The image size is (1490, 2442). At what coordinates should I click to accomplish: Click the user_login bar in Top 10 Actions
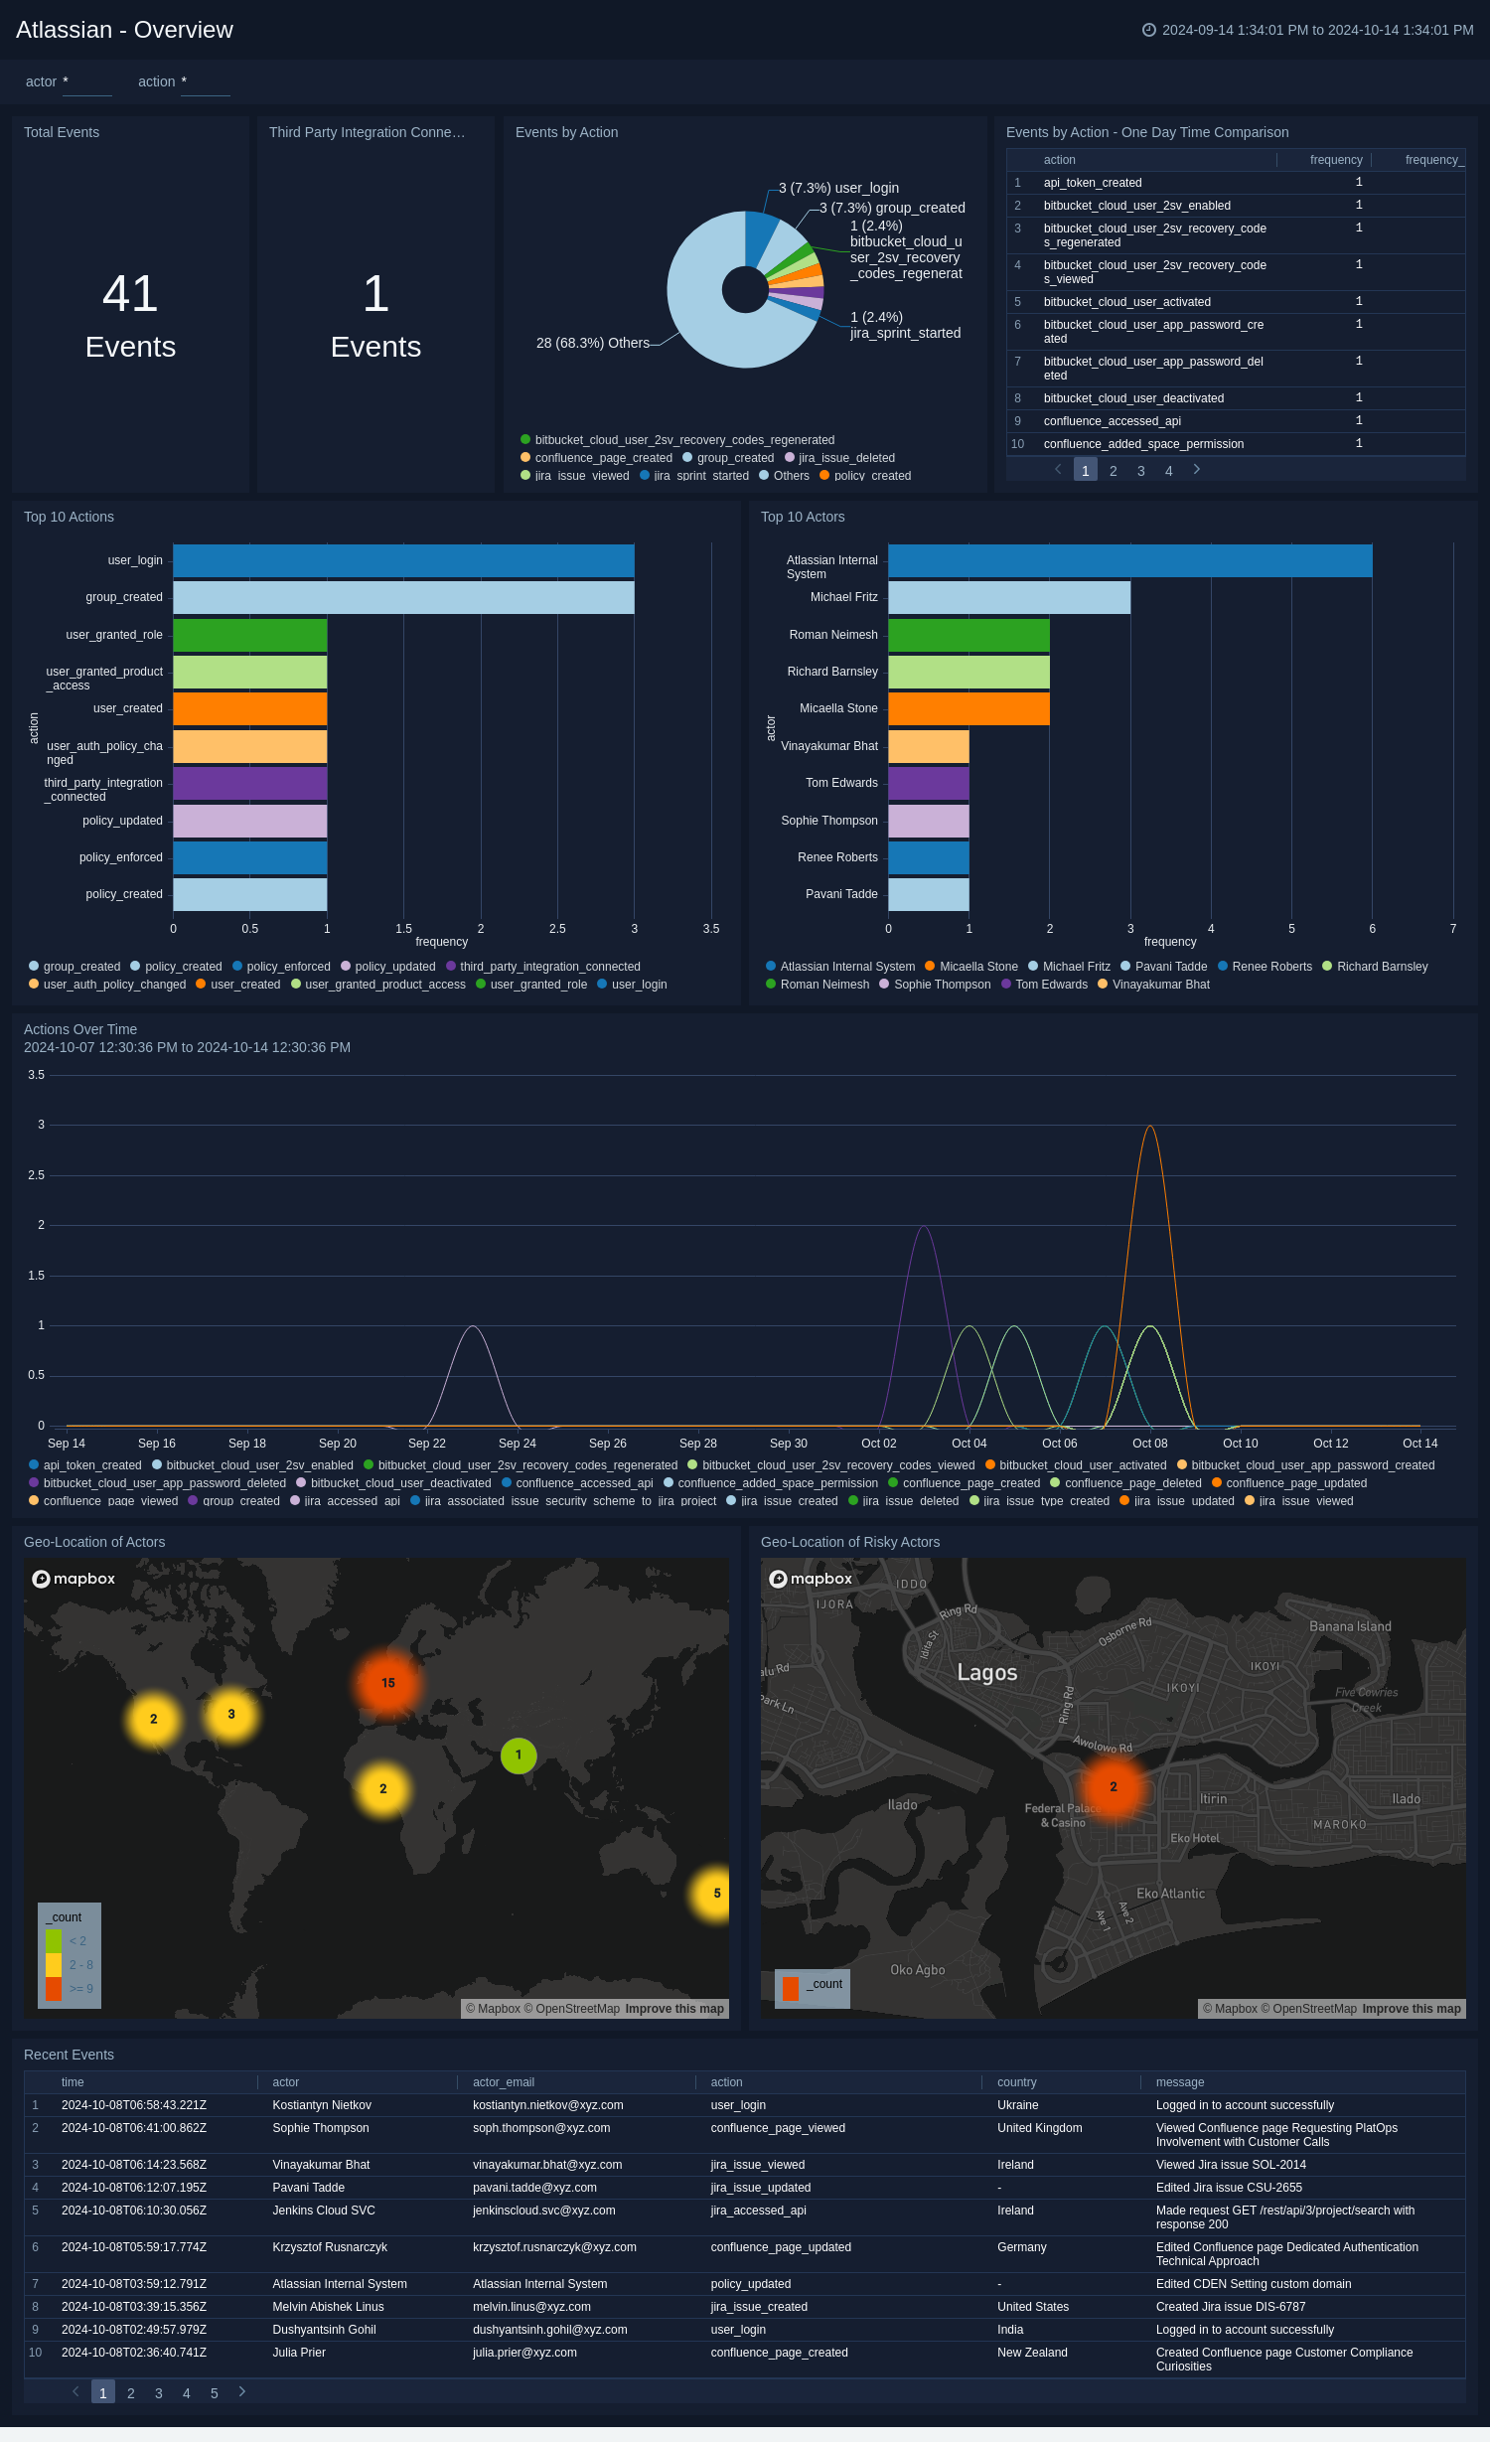[x=403, y=560]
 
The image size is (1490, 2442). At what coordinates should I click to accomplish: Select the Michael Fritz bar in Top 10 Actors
[x=1008, y=597]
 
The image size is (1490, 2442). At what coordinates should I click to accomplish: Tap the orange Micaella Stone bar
[x=968, y=708]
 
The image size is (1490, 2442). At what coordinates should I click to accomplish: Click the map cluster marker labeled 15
[x=388, y=1683]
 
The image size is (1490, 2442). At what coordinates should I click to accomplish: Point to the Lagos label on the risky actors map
[x=986, y=1672]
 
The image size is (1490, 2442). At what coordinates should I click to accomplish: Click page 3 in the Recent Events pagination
[x=159, y=2393]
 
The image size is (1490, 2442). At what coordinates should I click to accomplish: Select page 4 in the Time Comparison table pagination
[x=1168, y=471]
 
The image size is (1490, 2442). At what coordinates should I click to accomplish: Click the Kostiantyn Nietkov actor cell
[x=322, y=2105]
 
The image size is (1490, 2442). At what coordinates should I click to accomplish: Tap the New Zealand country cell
[x=1032, y=2353]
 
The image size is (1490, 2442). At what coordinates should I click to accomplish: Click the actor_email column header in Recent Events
[x=504, y=2082]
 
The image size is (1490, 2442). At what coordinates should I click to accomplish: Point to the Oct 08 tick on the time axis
[x=1149, y=1444]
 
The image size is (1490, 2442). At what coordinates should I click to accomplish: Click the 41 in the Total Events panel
[x=130, y=294]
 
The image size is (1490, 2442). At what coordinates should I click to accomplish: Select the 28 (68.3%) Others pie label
[x=592, y=343]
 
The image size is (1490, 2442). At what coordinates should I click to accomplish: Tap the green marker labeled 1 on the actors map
[x=519, y=1755]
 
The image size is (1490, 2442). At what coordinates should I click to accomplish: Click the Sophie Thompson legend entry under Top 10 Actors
[x=942, y=985]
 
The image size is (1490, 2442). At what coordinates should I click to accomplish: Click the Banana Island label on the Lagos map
[x=1349, y=1626]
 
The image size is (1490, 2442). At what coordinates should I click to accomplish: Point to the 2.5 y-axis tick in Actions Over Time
[x=36, y=1175]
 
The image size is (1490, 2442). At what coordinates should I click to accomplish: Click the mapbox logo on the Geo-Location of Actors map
[x=74, y=1579]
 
